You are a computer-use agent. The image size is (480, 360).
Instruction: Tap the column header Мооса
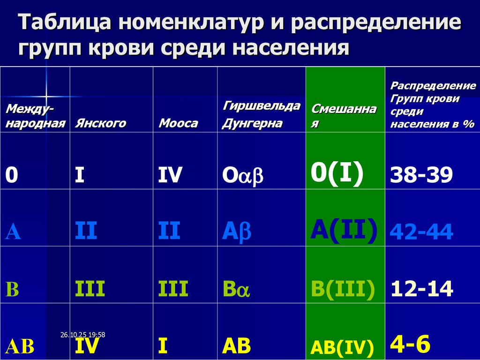(178, 123)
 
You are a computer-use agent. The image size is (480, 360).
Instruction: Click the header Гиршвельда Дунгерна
(261, 114)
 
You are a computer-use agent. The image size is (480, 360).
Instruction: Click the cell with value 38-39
(421, 175)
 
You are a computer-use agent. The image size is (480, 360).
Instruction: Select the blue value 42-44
(421, 232)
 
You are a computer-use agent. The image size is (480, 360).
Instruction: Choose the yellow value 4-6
(410, 344)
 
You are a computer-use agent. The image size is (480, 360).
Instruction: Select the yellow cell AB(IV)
(342, 347)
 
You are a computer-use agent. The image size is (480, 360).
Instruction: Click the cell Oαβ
(243, 175)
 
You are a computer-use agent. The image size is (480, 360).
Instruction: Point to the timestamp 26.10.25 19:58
(82, 335)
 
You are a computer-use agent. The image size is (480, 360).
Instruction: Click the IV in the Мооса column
(170, 175)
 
